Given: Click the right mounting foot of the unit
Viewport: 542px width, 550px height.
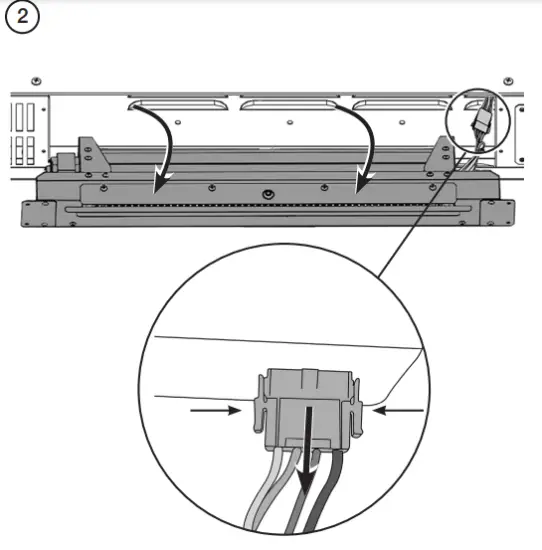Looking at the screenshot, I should coord(494,211).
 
